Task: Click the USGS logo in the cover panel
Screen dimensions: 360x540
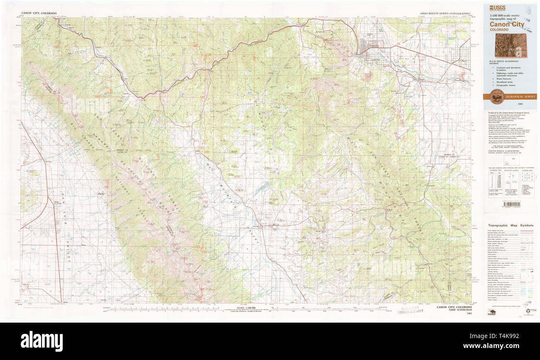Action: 495,8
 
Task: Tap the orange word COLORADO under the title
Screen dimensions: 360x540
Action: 498,30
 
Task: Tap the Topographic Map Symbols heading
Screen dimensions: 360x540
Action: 510,225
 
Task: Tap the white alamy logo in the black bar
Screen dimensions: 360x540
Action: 42,341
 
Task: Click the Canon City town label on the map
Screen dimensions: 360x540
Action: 374,45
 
